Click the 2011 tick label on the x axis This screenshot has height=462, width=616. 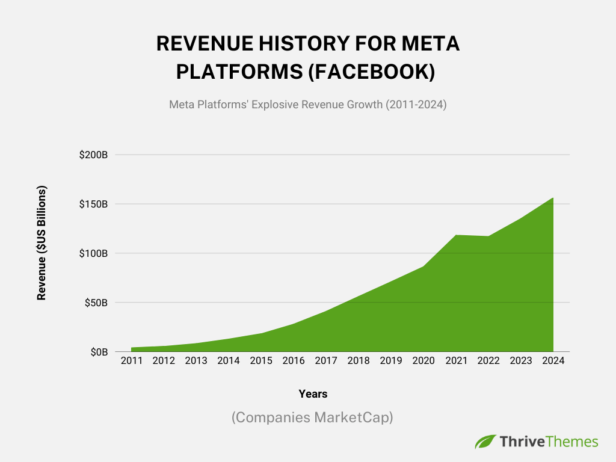[x=131, y=361]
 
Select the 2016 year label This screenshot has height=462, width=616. [x=294, y=361]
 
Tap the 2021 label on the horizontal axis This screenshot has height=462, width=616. [x=456, y=361]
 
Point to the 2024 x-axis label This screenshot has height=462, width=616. [x=553, y=361]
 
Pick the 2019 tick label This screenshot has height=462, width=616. [x=391, y=361]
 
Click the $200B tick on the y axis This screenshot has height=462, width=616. [x=93, y=155]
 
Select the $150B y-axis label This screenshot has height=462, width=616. [x=93, y=204]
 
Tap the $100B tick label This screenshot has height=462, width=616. [x=93, y=253]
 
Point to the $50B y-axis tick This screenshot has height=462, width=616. [x=96, y=303]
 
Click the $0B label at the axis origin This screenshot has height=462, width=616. [x=98, y=352]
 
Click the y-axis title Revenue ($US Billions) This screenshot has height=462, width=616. [x=42, y=242]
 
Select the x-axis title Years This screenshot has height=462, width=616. [x=313, y=394]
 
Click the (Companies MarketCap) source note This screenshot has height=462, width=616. [x=312, y=417]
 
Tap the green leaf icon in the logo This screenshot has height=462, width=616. [x=485, y=442]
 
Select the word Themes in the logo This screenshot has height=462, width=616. [x=573, y=442]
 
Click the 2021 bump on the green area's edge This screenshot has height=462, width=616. [x=456, y=235]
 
